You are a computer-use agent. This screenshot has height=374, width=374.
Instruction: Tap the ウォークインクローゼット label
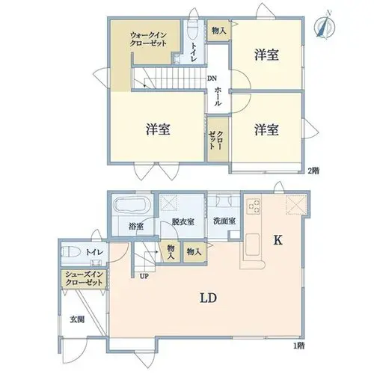(x=148, y=40)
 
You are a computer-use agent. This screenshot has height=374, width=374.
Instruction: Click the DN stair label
(x=212, y=79)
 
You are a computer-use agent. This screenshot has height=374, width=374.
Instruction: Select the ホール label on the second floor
(x=218, y=96)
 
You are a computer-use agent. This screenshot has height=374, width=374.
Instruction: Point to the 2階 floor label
(x=313, y=171)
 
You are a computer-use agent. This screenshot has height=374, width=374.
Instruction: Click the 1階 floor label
(x=298, y=346)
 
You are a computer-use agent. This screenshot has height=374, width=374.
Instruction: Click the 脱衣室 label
(x=183, y=221)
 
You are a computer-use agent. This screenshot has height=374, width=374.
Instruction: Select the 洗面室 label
(x=224, y=221)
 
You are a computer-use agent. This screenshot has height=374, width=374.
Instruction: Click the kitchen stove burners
(x=254, y=206)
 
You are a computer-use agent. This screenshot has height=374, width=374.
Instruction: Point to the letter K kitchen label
(x=278, y=240)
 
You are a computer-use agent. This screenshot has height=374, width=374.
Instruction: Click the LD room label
(x=208, y=298)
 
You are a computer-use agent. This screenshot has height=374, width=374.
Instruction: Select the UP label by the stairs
(x=144, y=276)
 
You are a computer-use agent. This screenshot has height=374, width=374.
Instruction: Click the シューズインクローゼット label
(x=84, y=279)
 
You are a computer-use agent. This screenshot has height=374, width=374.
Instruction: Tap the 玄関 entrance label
(x=77, y=319)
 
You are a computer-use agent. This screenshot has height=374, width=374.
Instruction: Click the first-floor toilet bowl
(x=70, y=252)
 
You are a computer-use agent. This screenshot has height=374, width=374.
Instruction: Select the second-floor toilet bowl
(x=192, y=30)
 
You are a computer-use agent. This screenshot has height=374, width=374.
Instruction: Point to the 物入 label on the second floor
(x=218, y=31)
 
